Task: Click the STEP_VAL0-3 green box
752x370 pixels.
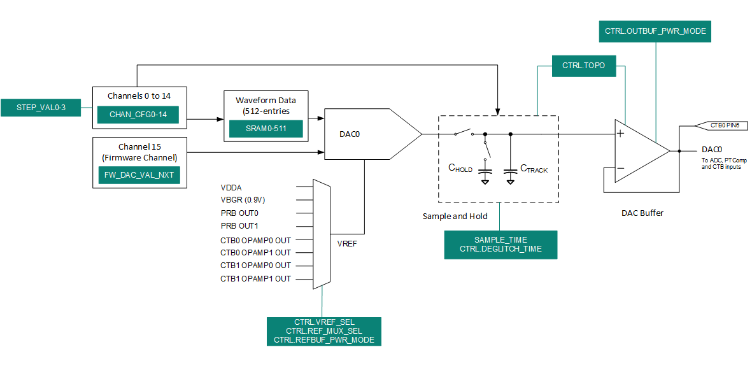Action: pyautogui.click(x=41, y=108)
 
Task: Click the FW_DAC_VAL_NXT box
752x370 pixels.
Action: pyautogui.click(x=138, y=174)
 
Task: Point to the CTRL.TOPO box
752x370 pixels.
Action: pyautogui.click(x=583, y=66)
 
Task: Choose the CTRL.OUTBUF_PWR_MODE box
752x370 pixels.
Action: pyautogui.click(x=655, y=31)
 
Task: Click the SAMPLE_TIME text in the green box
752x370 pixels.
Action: pyautogui.click(x=500, y=239)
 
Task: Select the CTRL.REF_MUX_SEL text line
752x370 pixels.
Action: pyautogui.click(x=324, y=331)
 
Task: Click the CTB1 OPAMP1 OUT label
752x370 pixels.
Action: pyautogui.click(x=255, y=278)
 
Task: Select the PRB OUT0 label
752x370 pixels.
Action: pyautogui.click(x=239, y=213)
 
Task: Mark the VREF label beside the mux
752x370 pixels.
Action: pyautogui.click(x=347, y=243)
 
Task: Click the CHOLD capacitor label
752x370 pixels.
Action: pyautogui.click(x=460, y=169)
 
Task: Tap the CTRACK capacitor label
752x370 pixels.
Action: pyautogui.click(x=534, y=169)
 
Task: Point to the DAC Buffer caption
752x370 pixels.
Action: pyautogui.click(x=642, y=213)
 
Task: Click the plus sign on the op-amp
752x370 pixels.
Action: pyautogui.click(x=620, y=133)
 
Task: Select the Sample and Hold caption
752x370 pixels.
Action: pyautogui.click(x=455, y=216)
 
